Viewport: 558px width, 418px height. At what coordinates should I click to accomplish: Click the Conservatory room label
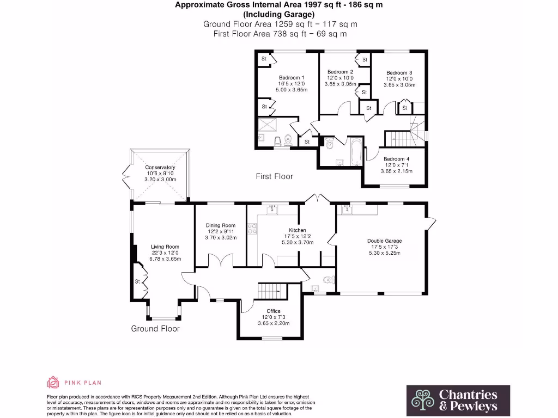[x=160, y=168]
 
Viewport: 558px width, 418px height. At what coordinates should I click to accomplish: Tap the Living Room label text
[x=165, y=247]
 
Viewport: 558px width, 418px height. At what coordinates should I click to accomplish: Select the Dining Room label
[x=220, y=225]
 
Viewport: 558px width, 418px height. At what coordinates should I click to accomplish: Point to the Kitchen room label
[x=298, y=230]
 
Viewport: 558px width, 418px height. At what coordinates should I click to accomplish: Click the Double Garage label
[x=385, y=241]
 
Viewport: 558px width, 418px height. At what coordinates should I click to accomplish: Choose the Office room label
[x=274, y=311]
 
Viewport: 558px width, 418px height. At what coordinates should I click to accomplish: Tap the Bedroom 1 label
[x=292, y=78]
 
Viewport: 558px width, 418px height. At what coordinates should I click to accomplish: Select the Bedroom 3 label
[x=399, y=73]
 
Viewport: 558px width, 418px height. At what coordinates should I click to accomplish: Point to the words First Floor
[x=275, y=176]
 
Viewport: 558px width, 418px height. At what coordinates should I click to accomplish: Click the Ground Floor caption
[x=155, y=328]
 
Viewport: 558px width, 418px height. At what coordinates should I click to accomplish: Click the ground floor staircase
[x=272, y=290]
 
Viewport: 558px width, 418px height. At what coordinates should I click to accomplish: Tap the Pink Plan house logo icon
[x=53, y=383]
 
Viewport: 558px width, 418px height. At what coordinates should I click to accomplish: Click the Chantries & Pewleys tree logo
[x=422, y=400]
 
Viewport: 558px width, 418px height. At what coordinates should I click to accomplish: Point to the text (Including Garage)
[x=279, y=15]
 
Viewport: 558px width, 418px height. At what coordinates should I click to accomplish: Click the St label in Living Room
[x=138, y=282]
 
